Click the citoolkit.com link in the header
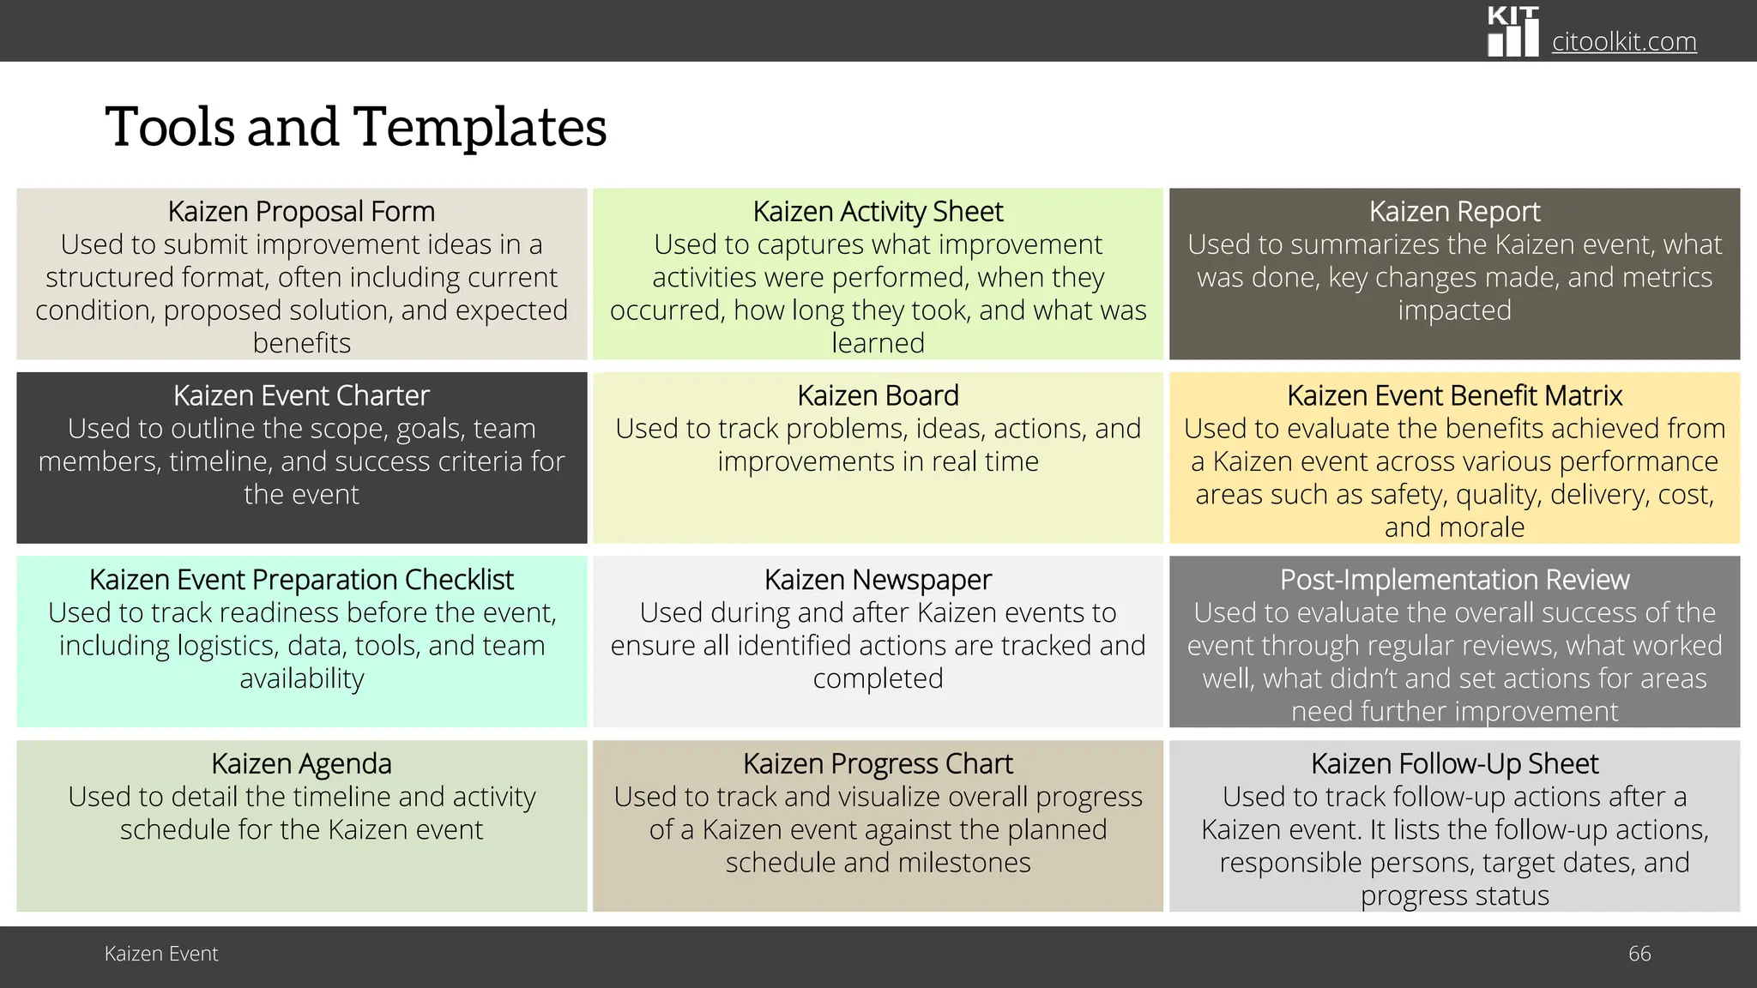(x=1624, y=41)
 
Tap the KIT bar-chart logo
(x=1513, y=33)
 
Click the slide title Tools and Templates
(x=355, y=127)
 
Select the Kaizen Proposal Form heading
(x=301, y=211)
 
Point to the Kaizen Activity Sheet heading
(x=878, y=211)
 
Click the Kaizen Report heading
(x=1454, y=211)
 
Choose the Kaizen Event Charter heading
(x=301, y=395)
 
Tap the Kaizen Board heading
(x=878, y=395)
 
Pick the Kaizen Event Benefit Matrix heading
(x=1454, y=395)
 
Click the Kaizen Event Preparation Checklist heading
(x=301, y=580)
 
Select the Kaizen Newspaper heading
(x=878, y=580)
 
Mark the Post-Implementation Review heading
(x=1454, y=580)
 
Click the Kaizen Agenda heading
(x=301, y=763)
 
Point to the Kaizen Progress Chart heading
(x=878, y=763)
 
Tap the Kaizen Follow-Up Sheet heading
(x=1454, y=763)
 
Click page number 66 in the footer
(x=1639, y=954)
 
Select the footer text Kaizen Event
(x=161, y=954)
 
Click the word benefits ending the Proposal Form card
(x=301, y=343)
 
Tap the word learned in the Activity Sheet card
(x=878, y=343)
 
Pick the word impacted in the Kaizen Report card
(x=1454, y=310)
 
